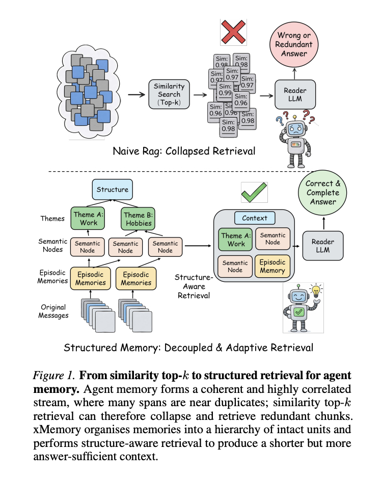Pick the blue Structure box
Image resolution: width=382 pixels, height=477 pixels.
click(x=112, y=190)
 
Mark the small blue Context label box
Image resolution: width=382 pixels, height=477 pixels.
click(x=254, y=218)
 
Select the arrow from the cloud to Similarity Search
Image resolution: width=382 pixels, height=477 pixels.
click(x=135, y=95)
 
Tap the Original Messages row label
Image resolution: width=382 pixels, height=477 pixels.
click(x=53, y=311)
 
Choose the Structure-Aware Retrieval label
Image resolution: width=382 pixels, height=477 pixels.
click(x=193, y=286)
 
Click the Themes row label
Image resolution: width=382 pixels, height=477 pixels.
click(x=53, y=218)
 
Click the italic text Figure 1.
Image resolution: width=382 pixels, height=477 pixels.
click(x=54, y=376)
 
